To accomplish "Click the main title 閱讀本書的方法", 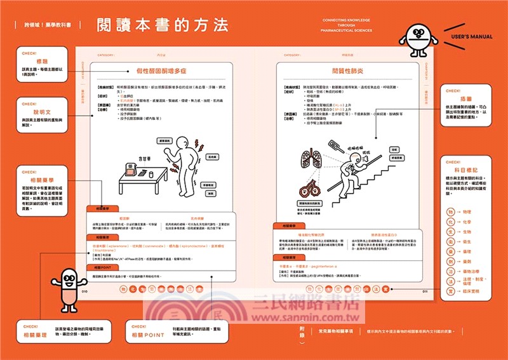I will pyautogui.click(x=162, y=25).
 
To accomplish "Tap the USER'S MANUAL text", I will pyautogui.click(x=471, y=37).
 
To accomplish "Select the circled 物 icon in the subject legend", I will pyautogui.click(x=451, y=211).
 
